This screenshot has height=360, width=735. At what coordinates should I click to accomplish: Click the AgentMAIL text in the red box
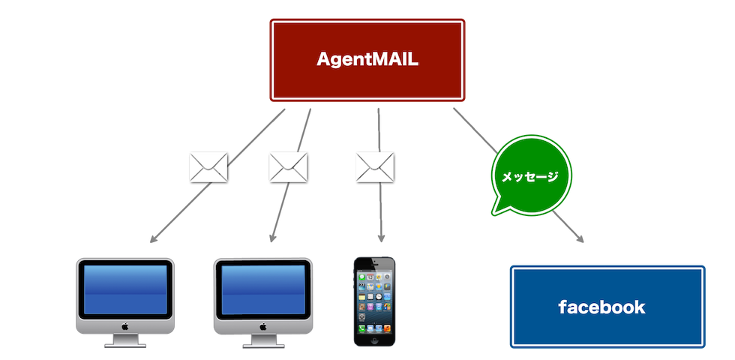[x=367, y=59]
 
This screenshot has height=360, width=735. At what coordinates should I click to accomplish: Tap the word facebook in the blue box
[x=601, y=307]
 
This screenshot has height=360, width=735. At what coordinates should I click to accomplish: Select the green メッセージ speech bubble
[x=530, y=175]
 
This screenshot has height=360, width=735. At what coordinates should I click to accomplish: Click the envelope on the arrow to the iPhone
[x=376, y=166]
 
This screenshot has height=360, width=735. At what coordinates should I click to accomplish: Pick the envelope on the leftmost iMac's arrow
[x=208, y=166]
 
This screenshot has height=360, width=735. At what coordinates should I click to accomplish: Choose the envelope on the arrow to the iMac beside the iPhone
[x=289, y=166]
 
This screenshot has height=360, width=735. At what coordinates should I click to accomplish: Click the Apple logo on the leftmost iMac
[x=125, y=325]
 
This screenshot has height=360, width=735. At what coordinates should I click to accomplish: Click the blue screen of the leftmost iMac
[x=125, y=289]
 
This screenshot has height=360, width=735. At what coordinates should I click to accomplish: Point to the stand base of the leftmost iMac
[x=125, y=346]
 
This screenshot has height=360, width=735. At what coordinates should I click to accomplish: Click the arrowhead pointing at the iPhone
[x=381, y=238]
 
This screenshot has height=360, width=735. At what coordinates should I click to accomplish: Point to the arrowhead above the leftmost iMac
[x=153, y=239]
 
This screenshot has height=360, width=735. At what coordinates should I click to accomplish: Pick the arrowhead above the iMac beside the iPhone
[x=272, y=239]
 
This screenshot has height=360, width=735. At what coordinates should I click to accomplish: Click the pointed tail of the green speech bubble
[x=496, y=208]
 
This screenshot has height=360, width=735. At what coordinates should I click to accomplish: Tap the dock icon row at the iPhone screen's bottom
[x=375, y=328]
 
